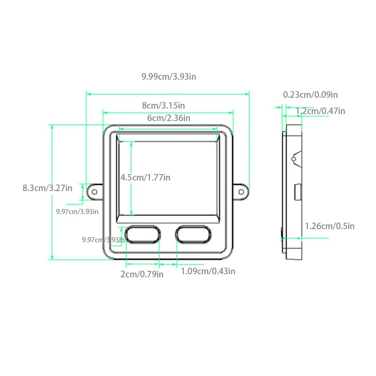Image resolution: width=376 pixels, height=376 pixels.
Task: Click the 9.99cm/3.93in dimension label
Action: (x=169, y=76)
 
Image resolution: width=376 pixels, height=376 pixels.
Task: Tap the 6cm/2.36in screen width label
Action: (x=168, y=118)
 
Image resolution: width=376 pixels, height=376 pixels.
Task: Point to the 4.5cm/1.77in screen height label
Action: (x=145, y=177)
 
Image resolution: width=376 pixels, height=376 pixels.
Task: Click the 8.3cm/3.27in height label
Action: (x=47, y=188)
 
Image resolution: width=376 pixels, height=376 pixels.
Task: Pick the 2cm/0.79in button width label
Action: (x=142, y=274)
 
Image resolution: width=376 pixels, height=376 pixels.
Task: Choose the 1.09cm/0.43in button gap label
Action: (x=208, y=271)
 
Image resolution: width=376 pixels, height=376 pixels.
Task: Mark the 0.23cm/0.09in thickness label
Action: (x=310, y=94)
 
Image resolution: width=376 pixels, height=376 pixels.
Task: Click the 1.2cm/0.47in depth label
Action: (x=320, y=111)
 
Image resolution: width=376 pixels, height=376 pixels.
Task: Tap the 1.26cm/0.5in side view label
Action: (x=330, y=226)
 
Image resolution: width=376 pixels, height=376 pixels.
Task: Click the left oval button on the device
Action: (x=143, y=234)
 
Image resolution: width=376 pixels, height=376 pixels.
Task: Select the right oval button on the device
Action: (x=193, y=234)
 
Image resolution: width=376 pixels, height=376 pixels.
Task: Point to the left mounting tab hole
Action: (x=94, y=192)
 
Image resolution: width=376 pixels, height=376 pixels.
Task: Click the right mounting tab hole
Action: (x=241, y=192)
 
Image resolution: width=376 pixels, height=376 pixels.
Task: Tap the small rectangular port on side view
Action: (x=298, y=192)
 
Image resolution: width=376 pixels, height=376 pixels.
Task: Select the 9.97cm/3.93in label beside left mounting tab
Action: (x=77, y=211)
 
